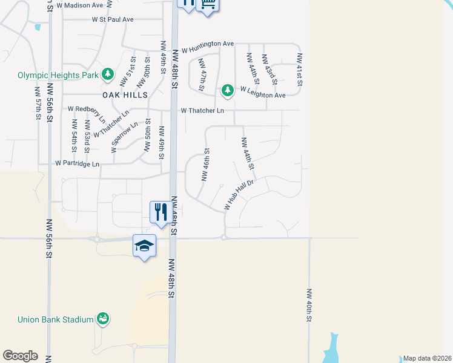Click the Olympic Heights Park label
58,76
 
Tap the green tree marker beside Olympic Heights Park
108,74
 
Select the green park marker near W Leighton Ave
227,91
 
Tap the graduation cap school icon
145,246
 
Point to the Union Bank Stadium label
55,319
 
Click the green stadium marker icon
103,319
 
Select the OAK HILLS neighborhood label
125,96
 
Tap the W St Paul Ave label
113,19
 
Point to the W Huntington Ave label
207,45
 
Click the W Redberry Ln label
87,109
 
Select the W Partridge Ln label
77,163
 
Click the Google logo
20,356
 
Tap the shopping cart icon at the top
207,4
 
